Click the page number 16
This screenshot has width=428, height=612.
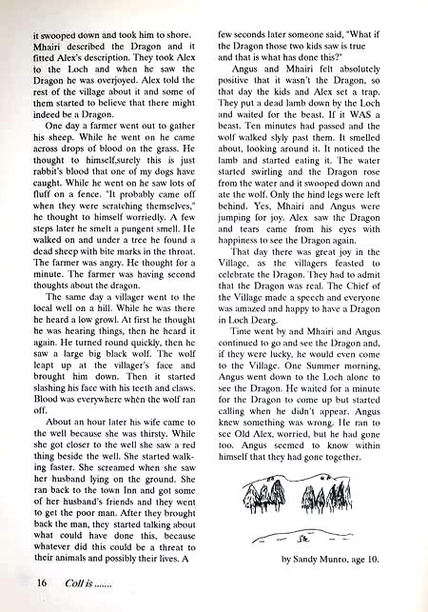(x=40, y=581)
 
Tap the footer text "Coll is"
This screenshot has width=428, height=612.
(x=74, y=581)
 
